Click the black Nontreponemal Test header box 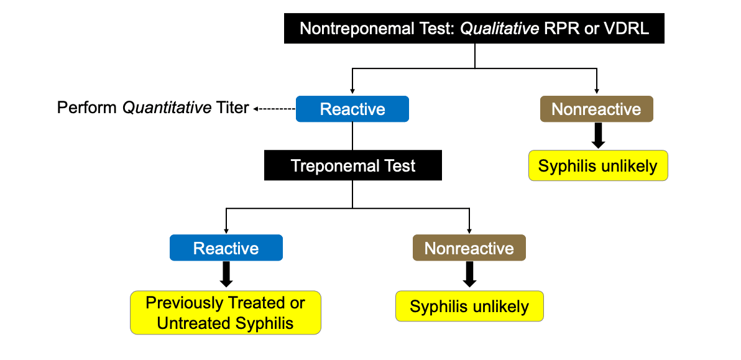[x=474, y=29]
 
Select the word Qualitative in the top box [x=499, y=29]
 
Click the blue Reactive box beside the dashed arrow [x=352, y=109]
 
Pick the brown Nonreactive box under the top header [x=596, y=109]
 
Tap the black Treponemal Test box [x=352, y=166]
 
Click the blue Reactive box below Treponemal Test [x=226, y=248]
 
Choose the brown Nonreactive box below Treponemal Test [x=469, y=248]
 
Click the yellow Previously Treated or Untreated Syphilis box [x=226, y=313]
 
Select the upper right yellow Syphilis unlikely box [x=598, y=166]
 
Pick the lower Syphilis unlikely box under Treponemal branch [x=469, y=307]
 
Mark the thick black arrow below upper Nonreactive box [x=598, y=136]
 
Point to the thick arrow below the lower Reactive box [x=226, y=274]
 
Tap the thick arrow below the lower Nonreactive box [x=470, y=274]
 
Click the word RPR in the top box [x=564, y=29]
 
